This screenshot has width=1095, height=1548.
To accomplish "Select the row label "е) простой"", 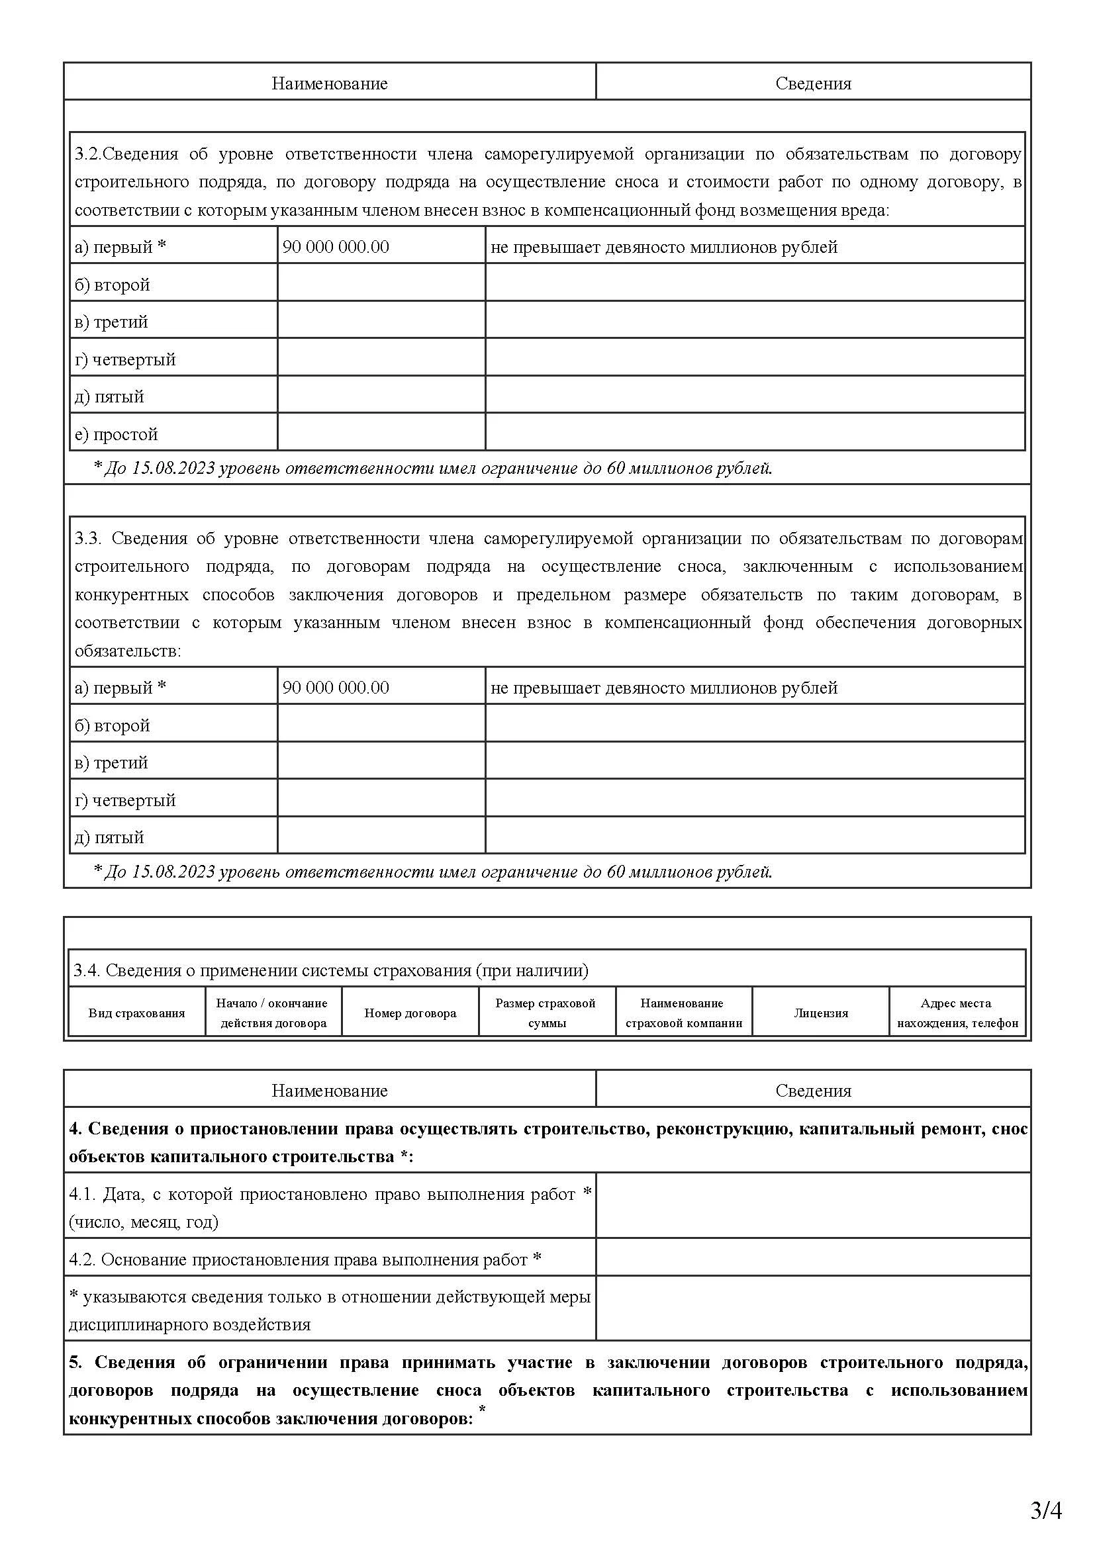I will tap(117, 434).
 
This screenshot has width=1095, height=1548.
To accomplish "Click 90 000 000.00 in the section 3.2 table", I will tap(336, 247).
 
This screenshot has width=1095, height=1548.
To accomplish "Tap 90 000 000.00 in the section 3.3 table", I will tap(336, 688).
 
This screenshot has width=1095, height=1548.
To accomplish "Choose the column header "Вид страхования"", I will tap(136, 1013).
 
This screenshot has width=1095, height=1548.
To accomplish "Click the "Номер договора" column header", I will tap(410, 1013).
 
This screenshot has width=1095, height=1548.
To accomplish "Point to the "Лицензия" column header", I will tap(820, 1013).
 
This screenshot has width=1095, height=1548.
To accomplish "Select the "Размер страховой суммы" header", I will tap(546, 1013).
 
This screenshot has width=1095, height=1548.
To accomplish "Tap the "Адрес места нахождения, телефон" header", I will tap(957, 1013).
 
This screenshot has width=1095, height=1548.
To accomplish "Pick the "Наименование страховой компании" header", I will tap(683, 1013).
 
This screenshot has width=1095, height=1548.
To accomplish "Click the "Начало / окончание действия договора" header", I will tap(273, 1013).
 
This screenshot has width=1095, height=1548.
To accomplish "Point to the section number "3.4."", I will tap(87, 971).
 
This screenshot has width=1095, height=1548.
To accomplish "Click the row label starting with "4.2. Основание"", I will tap(305, 1260).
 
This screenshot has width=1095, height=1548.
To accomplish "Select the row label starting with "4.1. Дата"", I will tap(330, 1208).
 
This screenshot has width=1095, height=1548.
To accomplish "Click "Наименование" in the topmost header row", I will tap(330, 83).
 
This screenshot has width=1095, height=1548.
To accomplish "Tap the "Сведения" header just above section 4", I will tap(813, 1091).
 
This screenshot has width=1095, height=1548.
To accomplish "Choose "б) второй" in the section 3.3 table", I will tap(113, 725).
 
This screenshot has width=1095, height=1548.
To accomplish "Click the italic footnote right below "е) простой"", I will tap(433, 468).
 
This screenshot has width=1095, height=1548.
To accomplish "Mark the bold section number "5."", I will tap(75, 1363).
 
